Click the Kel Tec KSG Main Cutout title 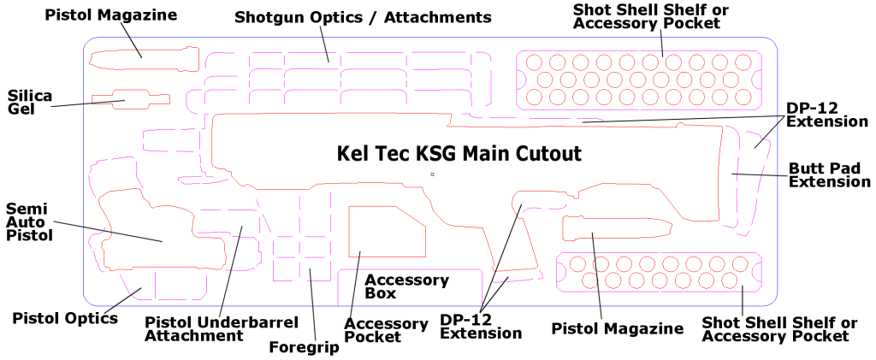[x=459, y=154]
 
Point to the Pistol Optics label [x=65, y=318]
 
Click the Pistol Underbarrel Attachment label [x=221, y=329]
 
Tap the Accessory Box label [x=406, y=286]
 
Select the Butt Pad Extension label [x=829, y=174]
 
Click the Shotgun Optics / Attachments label [x=363, y=17]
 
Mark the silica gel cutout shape [x=121, y=100]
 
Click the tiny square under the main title [x=433, y=174]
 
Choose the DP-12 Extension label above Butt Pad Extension [x=827, y=115]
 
